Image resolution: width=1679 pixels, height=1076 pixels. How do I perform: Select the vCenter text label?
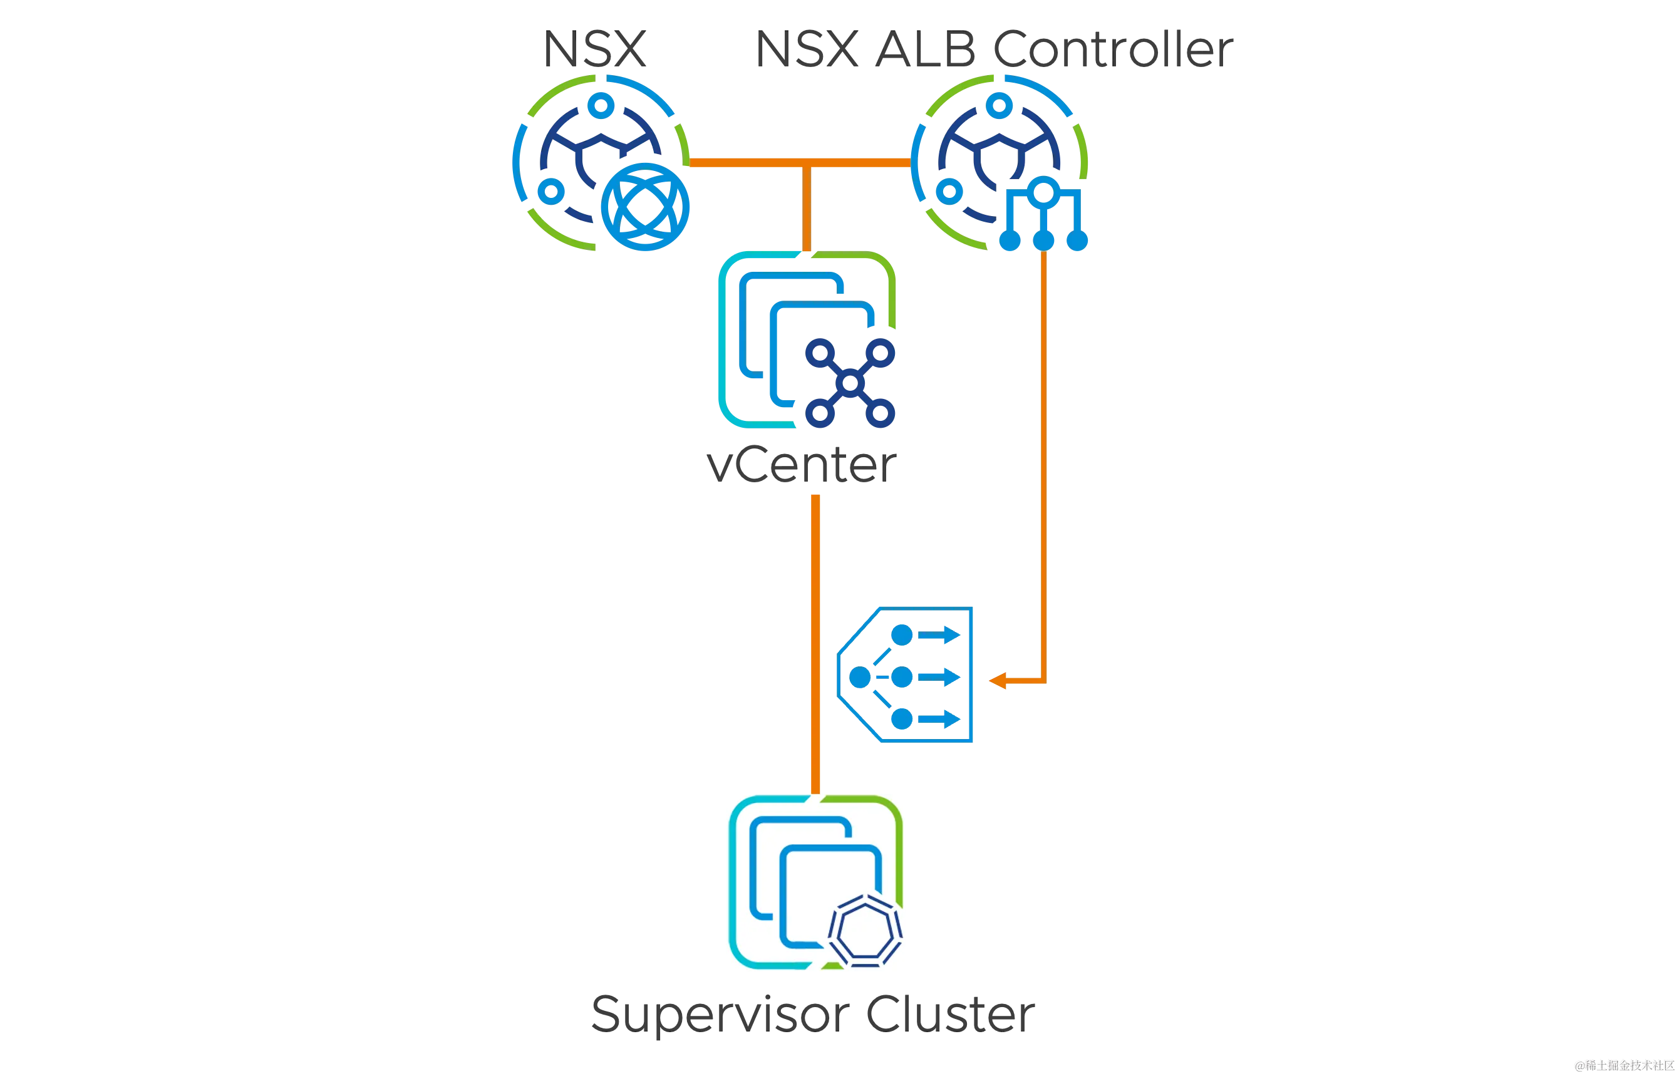point(802,467)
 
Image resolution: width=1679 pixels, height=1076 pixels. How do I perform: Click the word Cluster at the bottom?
point(950,1015)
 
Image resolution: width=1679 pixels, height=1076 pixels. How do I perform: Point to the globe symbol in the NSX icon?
point(644,207)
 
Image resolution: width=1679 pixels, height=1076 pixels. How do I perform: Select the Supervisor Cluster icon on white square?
point(814,882)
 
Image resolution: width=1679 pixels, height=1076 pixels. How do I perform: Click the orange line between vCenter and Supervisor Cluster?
point(814,643)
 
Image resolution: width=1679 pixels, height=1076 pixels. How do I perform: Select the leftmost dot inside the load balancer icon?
point(859,677)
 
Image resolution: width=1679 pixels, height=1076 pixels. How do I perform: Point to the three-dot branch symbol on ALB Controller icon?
point(1043,217)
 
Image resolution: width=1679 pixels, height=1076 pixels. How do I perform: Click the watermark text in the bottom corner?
point(1623,1065)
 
